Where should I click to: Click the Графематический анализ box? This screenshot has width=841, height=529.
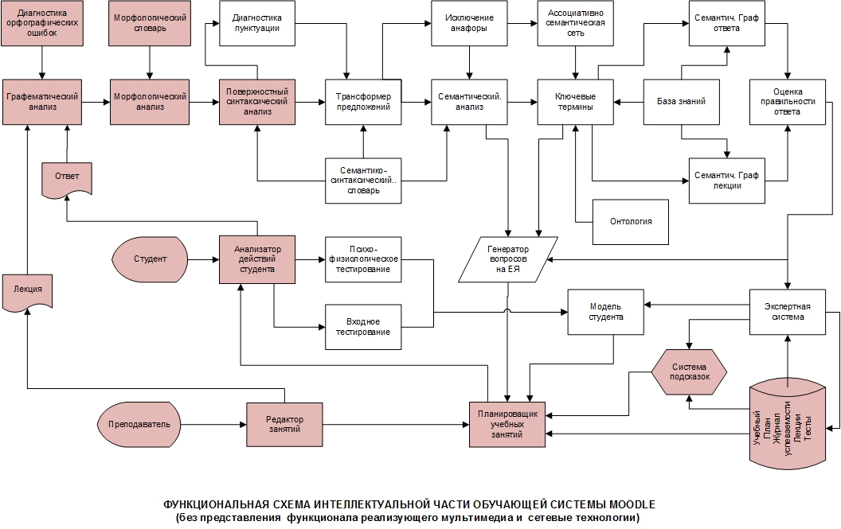click(42, 102)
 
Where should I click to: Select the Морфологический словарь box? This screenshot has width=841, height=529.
click(150, 23)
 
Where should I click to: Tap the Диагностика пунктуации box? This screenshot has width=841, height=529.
click(257, 23)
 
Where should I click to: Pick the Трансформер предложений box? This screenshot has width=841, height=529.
click(363, 102)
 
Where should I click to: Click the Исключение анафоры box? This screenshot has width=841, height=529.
click(469, 23)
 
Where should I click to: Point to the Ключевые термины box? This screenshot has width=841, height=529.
click(576, 102)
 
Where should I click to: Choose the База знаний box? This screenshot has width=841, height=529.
click(681, 102)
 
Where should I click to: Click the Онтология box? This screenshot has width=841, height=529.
click(631, 222)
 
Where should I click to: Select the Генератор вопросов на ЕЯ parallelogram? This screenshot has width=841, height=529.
click(508, 259)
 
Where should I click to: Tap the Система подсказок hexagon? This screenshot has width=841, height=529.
click(689, 372)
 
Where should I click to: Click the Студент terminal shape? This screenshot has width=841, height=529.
click(150, 259)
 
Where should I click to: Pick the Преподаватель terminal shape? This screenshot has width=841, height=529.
click(139, 425)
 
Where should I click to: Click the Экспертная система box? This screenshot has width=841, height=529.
click(788, 312)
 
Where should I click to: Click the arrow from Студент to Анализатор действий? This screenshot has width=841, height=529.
click(204, 260)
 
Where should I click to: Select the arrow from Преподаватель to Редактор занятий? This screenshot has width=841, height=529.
click(213, 425)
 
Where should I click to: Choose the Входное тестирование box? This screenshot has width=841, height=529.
click(363, 327)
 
